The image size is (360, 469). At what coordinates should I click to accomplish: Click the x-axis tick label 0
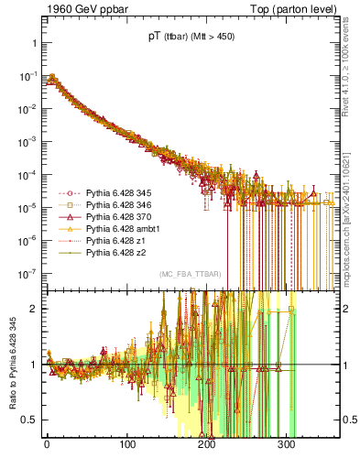pyautogui.click(x=47, y=443)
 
